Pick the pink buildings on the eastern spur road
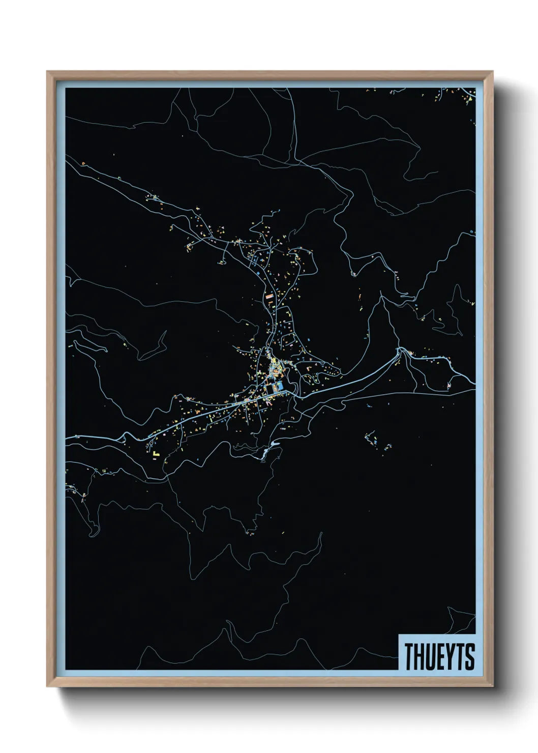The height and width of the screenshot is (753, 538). [x=450, y=386]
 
